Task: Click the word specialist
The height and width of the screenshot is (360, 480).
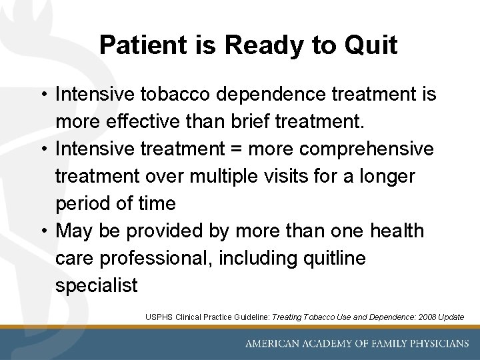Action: [x=96, y=285]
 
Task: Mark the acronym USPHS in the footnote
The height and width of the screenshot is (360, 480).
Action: [x=159, y=317]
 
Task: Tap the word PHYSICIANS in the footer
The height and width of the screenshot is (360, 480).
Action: [x=434, y=343]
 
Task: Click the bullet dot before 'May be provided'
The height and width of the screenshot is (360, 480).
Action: [x=43, y=231]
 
